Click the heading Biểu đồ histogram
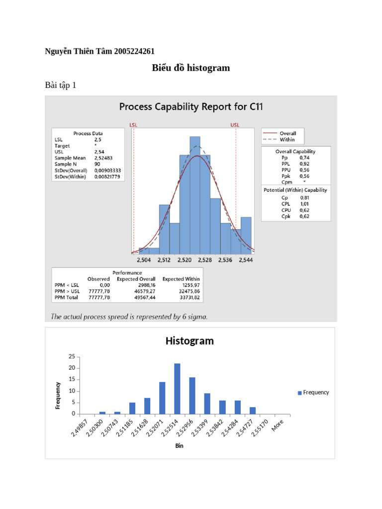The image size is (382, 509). click(x=191, y=68)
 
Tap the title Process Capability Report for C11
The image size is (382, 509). click(x=191, y=106)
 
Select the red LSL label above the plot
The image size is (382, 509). click(x=133, y=125)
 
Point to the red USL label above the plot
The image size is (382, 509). click(x=235, y=125)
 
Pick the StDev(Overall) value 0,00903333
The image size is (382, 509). click(x=107, y=170)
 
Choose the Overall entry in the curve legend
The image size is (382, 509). click(x=288, y=133)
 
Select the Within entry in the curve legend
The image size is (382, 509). click(x=287, y=140)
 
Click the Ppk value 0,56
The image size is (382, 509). click(x=303, y=175)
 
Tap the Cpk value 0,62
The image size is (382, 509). click(x=304, y=216)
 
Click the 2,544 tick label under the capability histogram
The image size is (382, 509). click(x=246, y=260)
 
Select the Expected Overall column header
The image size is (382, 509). click(x=136, y=279)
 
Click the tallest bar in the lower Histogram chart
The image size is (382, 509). click(x=177, y=389)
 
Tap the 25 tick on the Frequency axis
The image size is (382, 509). click(x=73, y=357)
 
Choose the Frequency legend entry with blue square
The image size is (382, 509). click(x=313, y=392)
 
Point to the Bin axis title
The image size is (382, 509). click(x=179, y=446)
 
